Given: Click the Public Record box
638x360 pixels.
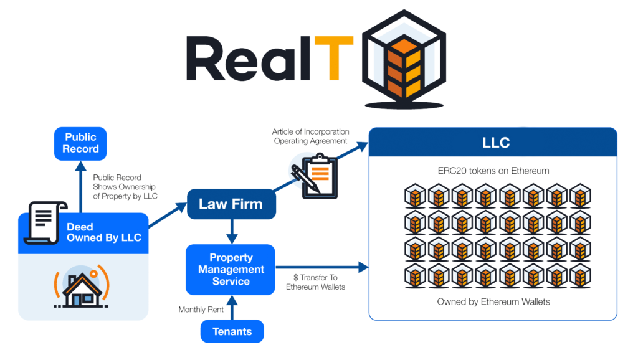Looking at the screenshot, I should [80, 143].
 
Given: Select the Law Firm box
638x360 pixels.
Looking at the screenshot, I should [231, 204].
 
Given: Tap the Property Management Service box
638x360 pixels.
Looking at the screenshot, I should [231, 270].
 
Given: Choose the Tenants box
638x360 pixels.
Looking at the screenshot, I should [232, 331].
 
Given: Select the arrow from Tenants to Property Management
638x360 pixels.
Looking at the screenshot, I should [232, 308].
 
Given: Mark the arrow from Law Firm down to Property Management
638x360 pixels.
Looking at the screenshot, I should [232, 231].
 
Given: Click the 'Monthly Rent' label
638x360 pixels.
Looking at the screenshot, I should [200, 310].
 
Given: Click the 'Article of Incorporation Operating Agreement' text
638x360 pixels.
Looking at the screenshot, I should [310, 136].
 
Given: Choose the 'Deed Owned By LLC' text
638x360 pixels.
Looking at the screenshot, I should [104, 232].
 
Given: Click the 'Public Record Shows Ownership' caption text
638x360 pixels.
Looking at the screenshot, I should [124, 187].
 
